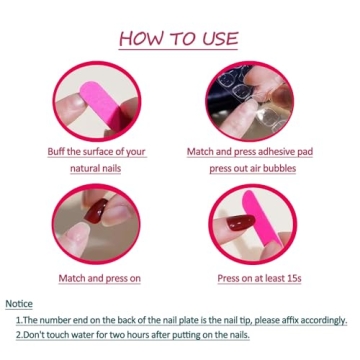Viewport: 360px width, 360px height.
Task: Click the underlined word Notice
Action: [x=19, y=304]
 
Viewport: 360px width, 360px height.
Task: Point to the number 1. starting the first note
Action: [x=19, y=320]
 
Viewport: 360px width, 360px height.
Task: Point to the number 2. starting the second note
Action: [x=19, y=336]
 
